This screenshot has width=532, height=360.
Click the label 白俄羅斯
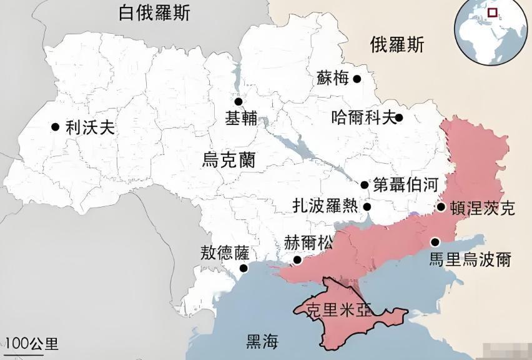click(x=155, y=13)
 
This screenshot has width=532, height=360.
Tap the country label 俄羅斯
click(x=397, y=44)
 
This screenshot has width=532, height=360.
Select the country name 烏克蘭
click(x=229, y=159)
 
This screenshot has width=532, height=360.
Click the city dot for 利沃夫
click(x=56, y=127)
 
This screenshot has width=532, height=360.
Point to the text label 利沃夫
click(x=91, y=127)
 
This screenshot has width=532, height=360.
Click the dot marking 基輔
click(x=238, y=102)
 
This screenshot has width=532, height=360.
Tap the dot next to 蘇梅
click(x=357, y=79)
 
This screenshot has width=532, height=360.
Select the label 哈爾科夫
click(x=364, y=117)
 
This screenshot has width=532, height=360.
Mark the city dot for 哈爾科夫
click(x=399, y=117)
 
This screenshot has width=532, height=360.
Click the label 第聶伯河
click(x=403, y=184)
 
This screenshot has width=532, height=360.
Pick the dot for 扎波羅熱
click(x=368, y=207)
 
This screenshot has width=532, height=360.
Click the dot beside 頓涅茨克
click(x=441, y=207)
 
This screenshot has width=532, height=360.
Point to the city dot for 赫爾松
click(x=297, y=260)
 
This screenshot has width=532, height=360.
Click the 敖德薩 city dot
click(x=243, y=269)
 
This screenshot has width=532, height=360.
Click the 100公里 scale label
click(x=32, y=343)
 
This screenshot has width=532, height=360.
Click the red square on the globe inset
click(x=493, y=12)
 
